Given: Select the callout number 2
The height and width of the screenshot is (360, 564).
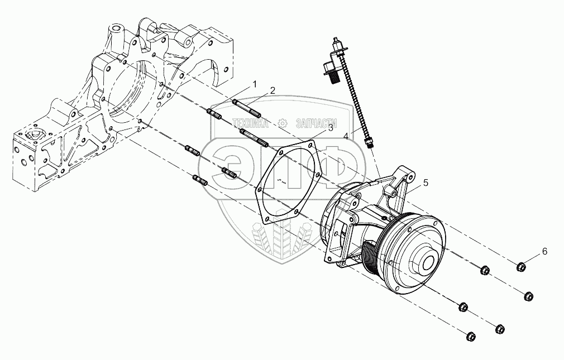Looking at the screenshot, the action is click(x=272, y=90).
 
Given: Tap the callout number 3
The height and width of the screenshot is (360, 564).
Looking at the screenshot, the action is click(x=330, y=128).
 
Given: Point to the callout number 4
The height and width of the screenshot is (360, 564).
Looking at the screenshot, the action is click(x=347, y=135).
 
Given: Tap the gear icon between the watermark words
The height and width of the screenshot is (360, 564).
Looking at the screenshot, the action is click(x=283, y=122).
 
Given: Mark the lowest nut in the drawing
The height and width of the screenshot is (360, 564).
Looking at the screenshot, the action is click(x=470, y=336).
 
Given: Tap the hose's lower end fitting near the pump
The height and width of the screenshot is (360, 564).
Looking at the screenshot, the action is click(x=368, y=143).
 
